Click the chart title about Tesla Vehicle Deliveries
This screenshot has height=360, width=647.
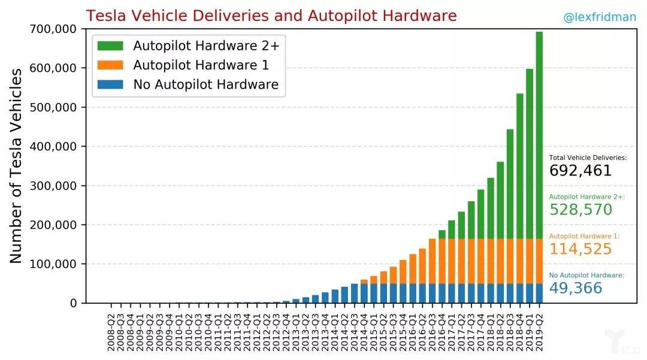(x=271, y=16)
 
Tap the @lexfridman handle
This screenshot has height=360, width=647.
(x=599, y=17)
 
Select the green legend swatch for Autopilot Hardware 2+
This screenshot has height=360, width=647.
(x=111, y=46)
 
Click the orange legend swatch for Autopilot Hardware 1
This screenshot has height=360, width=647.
(x=111, y=65)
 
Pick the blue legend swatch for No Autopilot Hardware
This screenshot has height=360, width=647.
(x=111, y=84)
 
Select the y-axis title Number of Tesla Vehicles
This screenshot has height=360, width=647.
(x=16, y=165)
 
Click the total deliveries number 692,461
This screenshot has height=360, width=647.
(x=580, y=171)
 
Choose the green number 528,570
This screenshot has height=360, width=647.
(x=580, y=210)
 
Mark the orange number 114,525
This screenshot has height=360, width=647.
(x=580, y=249)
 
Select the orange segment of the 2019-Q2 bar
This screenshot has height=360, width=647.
(x=539, y=261)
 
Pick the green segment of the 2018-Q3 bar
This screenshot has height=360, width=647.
(x=510, y=184)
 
